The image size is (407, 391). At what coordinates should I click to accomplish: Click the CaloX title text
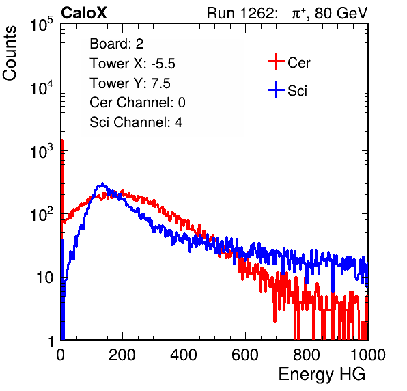84,13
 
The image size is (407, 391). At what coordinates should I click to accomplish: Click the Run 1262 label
240,13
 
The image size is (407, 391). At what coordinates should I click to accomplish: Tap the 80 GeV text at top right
341,13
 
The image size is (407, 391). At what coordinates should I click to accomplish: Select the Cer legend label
298,63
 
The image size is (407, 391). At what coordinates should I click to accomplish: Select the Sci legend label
298,91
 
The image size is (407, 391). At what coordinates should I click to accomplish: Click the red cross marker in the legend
276,62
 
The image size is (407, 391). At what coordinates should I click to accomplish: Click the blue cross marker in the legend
276,90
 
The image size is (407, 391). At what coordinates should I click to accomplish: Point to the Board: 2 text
117,44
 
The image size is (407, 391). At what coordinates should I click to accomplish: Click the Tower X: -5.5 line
132,64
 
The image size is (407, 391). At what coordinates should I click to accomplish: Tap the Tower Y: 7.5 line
130,83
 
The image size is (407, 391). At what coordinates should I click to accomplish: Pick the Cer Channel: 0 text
137,103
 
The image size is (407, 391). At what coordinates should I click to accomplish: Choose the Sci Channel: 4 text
136,122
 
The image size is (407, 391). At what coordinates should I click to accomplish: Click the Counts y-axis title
10,53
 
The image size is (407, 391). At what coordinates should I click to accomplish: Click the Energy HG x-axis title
322,375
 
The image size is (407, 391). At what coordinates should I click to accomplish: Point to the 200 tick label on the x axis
122,355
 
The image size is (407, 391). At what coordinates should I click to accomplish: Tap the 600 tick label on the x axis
245,355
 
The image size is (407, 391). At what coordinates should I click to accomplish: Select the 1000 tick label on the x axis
368,355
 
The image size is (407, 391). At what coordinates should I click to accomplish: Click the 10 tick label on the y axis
44,278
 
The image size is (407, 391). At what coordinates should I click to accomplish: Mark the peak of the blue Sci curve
102,183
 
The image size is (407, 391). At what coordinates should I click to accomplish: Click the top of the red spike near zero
62,141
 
